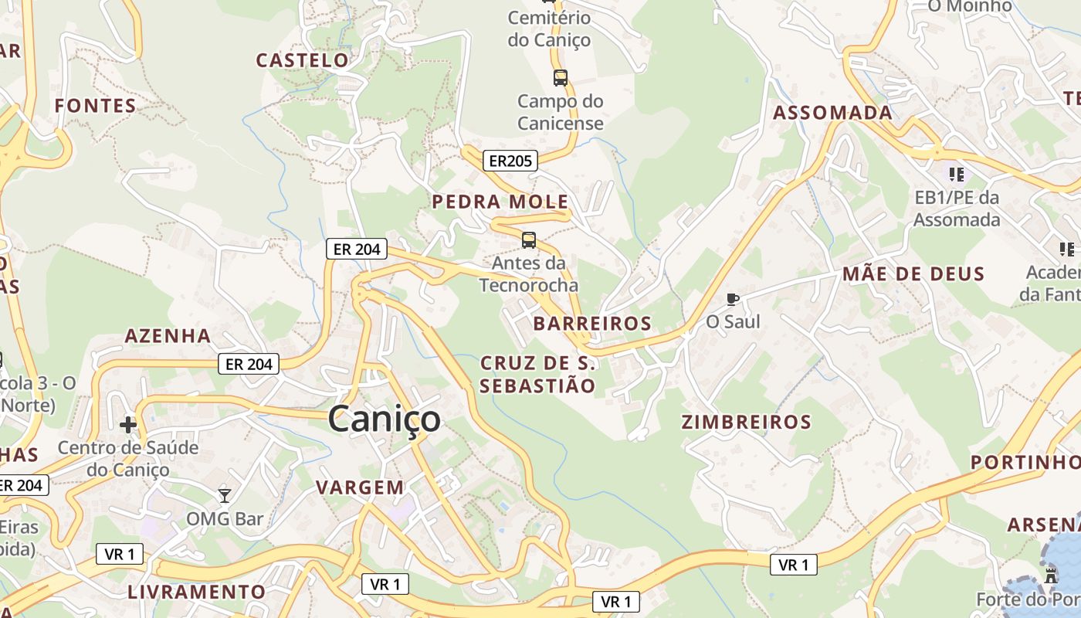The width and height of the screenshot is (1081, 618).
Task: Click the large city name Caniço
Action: [385, 419]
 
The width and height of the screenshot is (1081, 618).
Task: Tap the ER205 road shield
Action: [510, 161]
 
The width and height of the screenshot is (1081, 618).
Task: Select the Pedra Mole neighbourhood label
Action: [500, 202]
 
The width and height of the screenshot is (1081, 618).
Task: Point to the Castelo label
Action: [303, 60]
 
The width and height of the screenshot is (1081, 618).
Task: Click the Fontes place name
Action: [95, 106]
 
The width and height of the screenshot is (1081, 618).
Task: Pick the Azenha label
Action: [168, 335]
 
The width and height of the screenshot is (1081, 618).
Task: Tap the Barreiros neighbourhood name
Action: [592, 323]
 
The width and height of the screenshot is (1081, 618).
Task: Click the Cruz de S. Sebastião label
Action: [537, 374]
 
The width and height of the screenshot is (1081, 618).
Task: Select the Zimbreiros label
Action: [746, 422]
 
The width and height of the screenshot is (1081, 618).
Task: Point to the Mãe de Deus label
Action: [913, 273]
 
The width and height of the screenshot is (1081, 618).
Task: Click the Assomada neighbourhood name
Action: [832, 113]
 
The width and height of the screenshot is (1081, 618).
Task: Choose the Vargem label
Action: [360, 487]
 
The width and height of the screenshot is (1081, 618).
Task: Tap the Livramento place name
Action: [196, 593]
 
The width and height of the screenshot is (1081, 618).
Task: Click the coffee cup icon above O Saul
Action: [733, 299]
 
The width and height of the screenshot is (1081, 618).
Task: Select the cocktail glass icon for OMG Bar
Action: [225, 495]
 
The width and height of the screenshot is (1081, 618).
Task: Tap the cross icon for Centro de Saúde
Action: [128, 424]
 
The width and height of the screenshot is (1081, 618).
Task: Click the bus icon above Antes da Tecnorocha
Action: [529, 240]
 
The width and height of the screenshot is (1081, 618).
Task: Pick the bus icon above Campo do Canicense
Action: [561, 78]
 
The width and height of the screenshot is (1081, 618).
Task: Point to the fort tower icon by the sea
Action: [1050, 575]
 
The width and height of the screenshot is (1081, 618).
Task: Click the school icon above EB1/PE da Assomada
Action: [957, 175]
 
